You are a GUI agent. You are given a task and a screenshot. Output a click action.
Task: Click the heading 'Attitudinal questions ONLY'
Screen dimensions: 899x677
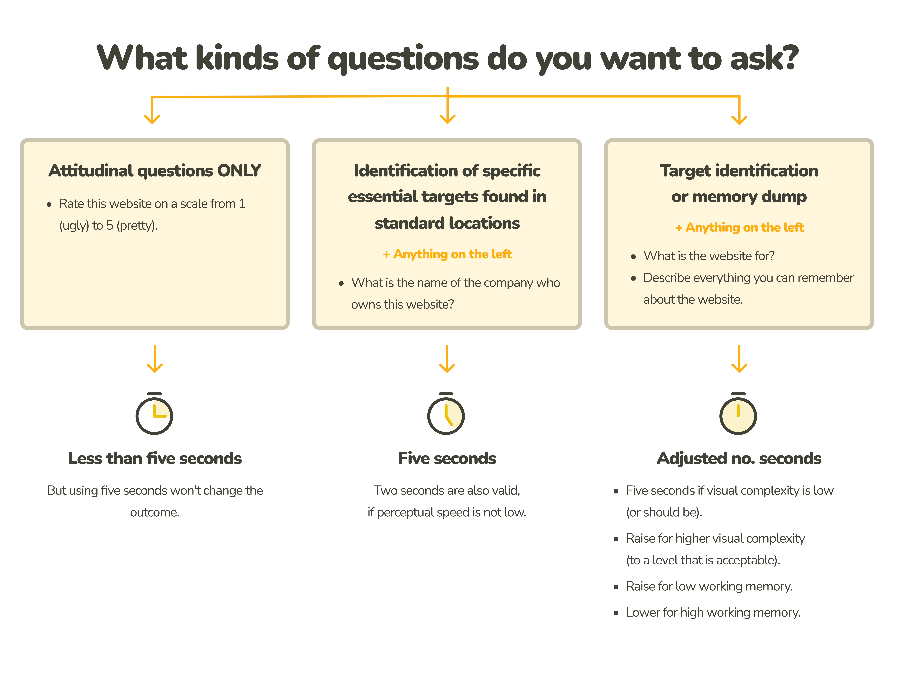point(154,171)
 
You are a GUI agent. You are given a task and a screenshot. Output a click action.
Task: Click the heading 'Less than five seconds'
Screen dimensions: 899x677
point(154,458)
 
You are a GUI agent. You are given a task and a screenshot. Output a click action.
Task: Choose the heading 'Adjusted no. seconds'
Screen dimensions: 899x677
point(739,458)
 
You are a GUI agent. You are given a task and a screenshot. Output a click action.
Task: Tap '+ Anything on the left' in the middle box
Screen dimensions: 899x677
point(447,254)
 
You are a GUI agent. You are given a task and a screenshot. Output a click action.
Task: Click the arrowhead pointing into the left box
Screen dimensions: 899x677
point(152,119)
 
